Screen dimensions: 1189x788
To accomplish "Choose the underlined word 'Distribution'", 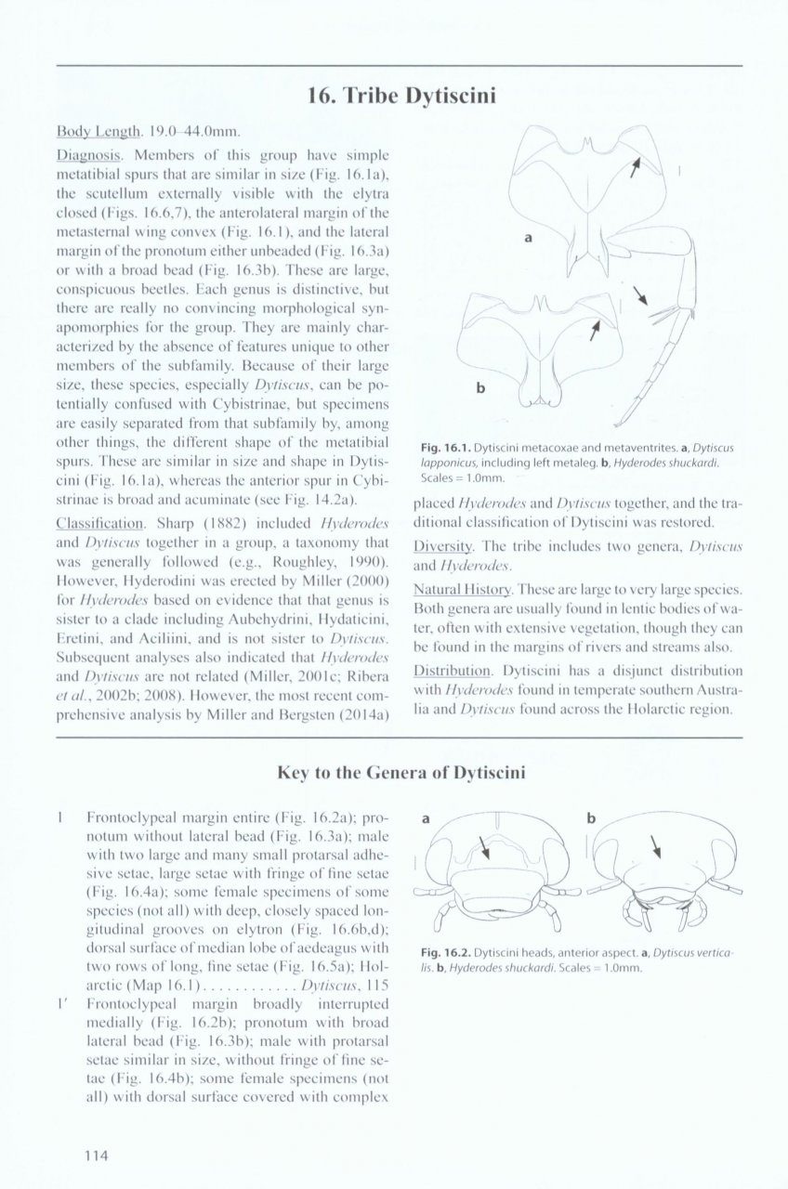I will [x=451, y=670].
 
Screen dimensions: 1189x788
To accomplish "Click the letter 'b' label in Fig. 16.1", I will [x=480, y=388].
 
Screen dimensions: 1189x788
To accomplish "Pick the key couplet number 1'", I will [x=61, y=1003].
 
